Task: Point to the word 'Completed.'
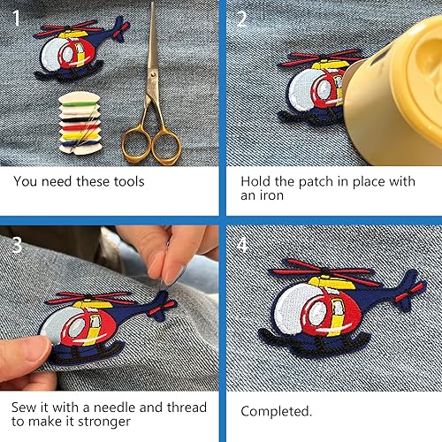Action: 277,411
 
